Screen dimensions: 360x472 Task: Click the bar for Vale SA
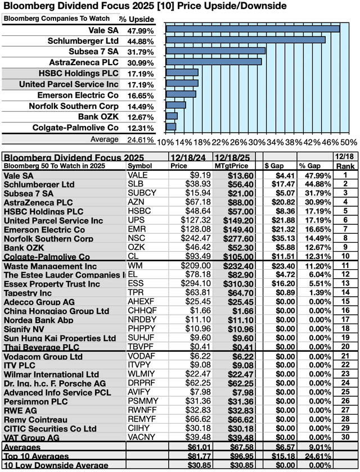click(253, 29)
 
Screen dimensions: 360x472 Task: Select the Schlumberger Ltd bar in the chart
click(245, 40)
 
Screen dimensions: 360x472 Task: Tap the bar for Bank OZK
click(172, 116)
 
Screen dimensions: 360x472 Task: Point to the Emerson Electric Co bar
click(181, 94)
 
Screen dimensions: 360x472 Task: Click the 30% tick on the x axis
click(257, 142)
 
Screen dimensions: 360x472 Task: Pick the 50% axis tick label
click(349, 142)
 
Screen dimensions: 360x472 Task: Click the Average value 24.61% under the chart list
click(141, 140)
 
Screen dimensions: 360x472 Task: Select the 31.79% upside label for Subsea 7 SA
click(141, 52)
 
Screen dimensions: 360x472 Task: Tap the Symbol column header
click(140, 166)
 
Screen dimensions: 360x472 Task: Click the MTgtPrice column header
click(231, 166)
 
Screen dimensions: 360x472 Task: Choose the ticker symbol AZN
click(136, 202)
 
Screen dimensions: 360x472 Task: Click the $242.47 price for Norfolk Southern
click(196, 238)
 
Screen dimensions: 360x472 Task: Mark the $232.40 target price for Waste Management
click(238, 266)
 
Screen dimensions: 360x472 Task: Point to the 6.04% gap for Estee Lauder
click(320, 275)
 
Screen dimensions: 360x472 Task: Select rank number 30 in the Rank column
click(345, 437)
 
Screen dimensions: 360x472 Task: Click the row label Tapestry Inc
click(28, 293)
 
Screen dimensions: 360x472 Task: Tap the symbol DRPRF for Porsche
click(141, 383)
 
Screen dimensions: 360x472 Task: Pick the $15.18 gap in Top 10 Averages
click(283, 456)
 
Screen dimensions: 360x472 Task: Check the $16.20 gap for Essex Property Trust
click(283, 284)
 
